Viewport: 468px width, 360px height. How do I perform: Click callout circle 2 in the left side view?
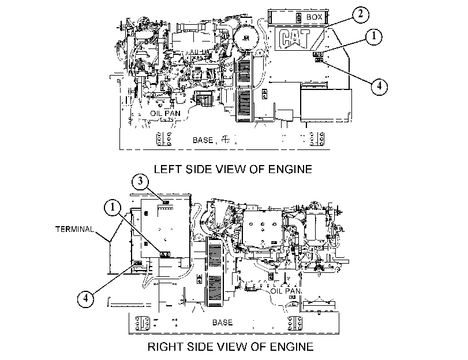tap(361, 14)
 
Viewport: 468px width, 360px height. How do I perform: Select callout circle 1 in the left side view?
tap(373, 36)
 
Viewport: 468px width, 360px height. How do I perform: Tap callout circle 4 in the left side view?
tap(379, 87)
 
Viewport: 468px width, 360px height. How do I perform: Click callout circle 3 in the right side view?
tap(140, 182)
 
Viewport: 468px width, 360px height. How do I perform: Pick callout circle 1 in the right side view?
tap(113, 207)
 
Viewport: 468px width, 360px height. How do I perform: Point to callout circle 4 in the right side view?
tap(85, 298)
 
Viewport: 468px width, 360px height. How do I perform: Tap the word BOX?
tap(315, 17)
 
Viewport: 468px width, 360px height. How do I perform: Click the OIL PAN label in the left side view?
tap(165, 114)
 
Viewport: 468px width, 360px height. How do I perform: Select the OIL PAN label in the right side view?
tap(286, 291)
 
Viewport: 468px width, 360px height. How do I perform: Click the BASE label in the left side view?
tap(203, 140)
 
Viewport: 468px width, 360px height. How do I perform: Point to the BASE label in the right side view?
tap(222, 322)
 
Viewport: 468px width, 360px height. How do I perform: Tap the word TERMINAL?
tap(74, 229)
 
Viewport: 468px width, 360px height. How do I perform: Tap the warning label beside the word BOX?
tap(299, 17)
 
